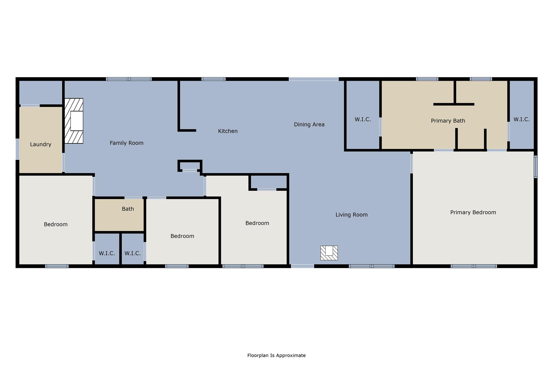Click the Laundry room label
pos(41,144)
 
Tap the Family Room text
pos(126,143)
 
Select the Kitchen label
pos(228,131)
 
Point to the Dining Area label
pos(309,124)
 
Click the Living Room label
pos(351,215)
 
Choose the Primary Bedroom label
pos(473,212)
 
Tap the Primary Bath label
pos(448,121)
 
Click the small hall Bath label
pos(128,209)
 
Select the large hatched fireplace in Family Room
pos(74,121)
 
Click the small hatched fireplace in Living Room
pos(329,253)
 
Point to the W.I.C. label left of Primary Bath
pos(362,119)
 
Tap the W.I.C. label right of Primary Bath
pos(521,119)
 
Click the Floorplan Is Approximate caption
pos(276,355)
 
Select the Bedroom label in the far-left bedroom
pos(56,224)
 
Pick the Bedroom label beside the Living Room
pos(257,223)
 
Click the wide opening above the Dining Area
pos(313,79)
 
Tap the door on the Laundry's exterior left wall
pos(17,149)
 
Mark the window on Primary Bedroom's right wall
pos(535,167)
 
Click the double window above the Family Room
pos(129,79)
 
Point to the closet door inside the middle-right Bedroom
pos(267,190)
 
